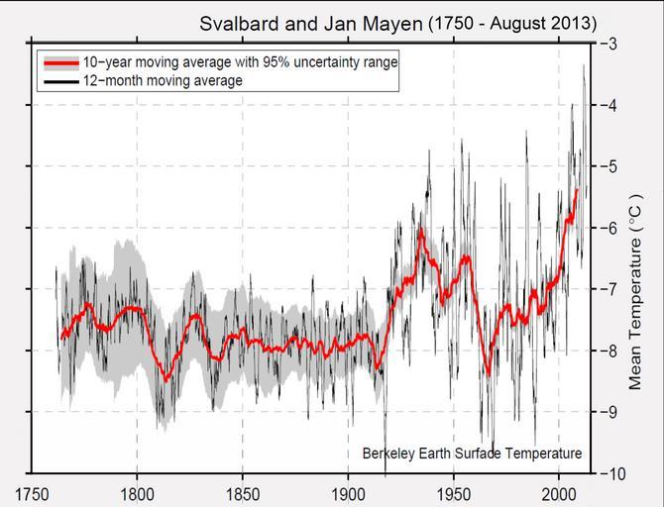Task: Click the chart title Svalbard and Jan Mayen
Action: (x=310, y=22)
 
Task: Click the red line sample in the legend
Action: (x=59, y=62)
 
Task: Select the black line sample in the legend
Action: (x=59, y=80)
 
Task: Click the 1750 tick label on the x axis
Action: (x=33, y=492)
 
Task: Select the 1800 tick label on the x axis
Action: (x=138, y=492)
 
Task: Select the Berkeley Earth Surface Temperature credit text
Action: (x=472, y=454)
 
